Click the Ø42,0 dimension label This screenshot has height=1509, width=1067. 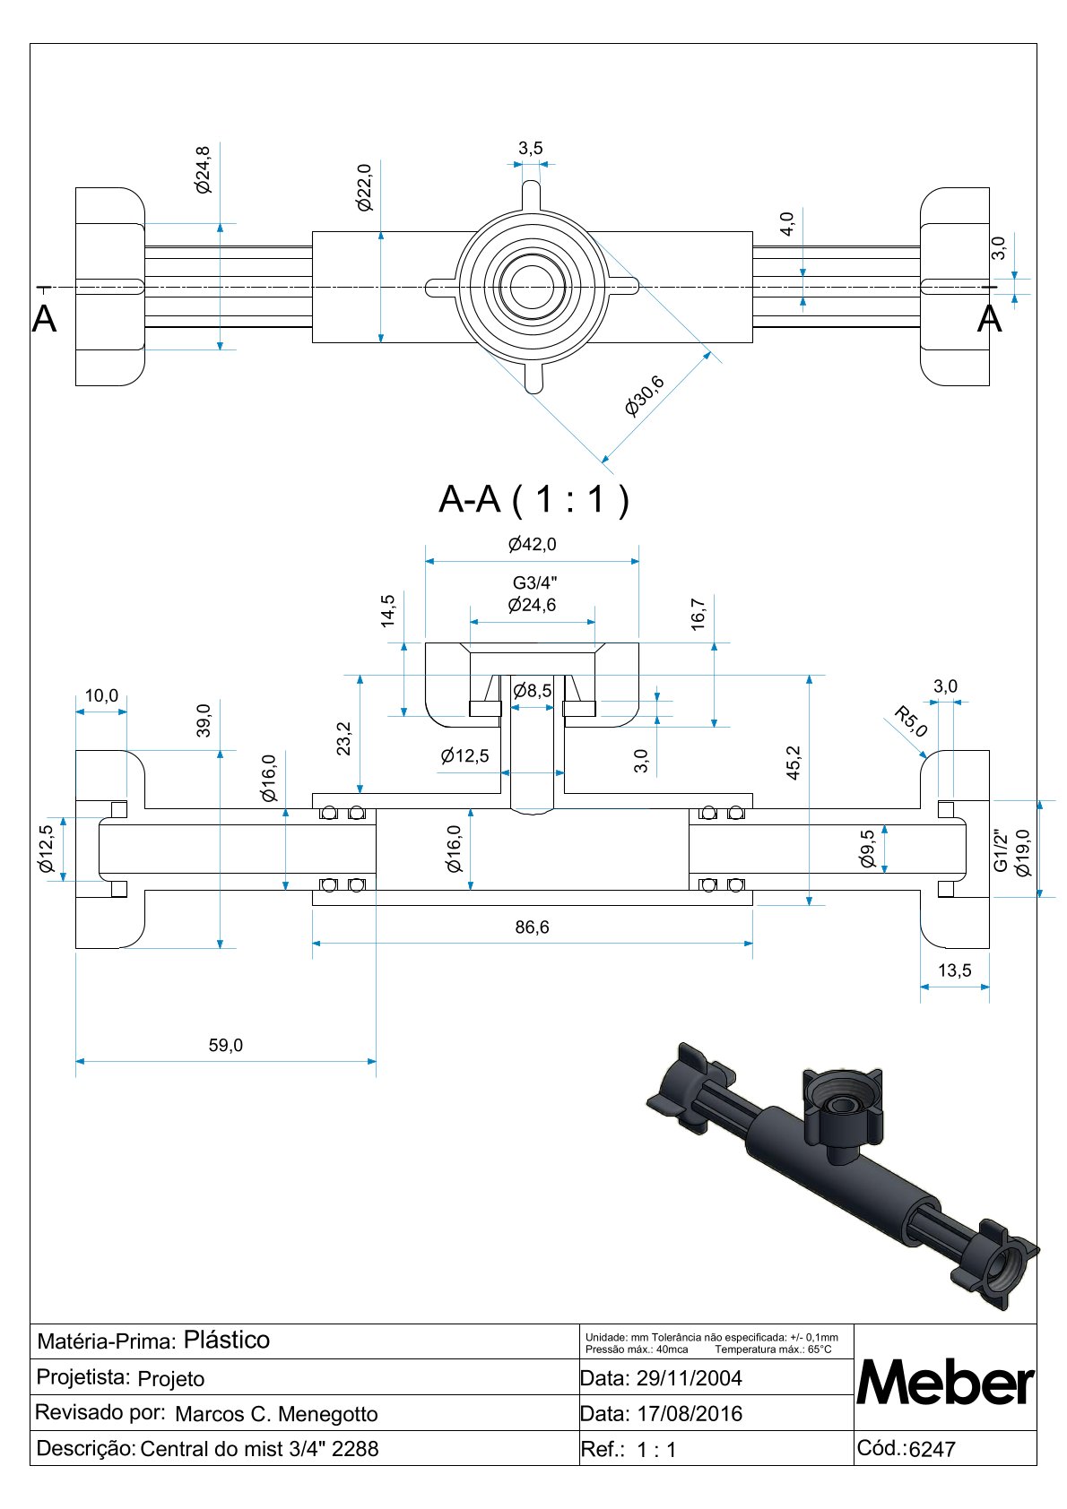(x=532, y=544)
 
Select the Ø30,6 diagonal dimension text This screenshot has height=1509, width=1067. (x=645, y=395)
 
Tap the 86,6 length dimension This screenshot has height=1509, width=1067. (x=532, y=927)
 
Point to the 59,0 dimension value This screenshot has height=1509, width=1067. (x=225, y=1045)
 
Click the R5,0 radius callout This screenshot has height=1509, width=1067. (x=911, y=722)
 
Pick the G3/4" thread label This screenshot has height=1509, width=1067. (x=534, y=583)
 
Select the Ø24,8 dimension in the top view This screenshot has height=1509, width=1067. (x=204, y=169)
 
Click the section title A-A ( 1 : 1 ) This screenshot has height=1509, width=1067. (x=533, y=499)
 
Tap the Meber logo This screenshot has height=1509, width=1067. (x=945, y=1383)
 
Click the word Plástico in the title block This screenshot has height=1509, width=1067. (x=226, y=1340)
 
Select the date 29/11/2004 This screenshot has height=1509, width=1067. (x=689, y=1378)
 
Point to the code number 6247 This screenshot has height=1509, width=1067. (x=932, y=1449)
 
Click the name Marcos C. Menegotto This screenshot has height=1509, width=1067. (x=276, y=1414)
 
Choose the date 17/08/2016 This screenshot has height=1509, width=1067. (x=689, y=1414)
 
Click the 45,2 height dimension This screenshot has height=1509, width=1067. (x=794, y=763)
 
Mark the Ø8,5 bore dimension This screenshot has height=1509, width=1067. (x=532, y=691)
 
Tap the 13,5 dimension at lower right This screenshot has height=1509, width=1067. (x=954, y=970)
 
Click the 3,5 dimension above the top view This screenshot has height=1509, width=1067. (x=530, y=148)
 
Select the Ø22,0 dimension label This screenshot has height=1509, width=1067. (x=364, y=187)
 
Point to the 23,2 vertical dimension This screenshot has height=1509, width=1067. (x=344, y=739)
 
